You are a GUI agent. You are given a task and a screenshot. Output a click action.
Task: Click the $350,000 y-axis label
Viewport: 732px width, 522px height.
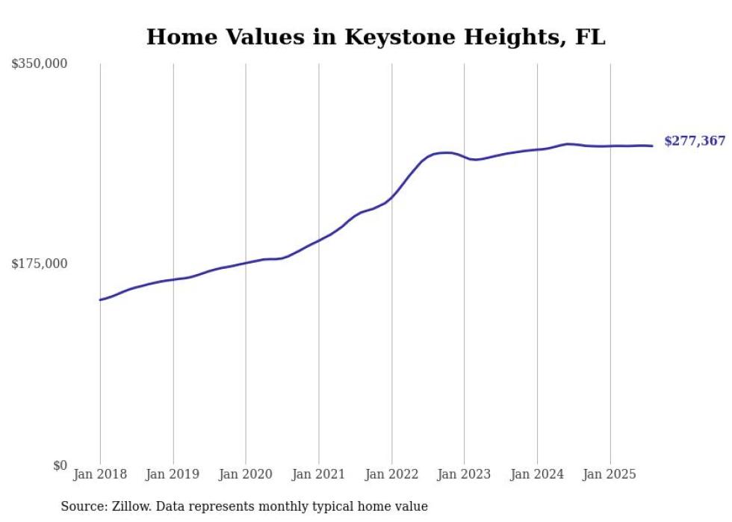point(40,64)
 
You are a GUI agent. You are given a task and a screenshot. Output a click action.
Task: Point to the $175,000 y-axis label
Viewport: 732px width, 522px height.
point(40,264)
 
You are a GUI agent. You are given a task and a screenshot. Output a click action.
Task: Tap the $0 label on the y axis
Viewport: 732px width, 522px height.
point(60,465)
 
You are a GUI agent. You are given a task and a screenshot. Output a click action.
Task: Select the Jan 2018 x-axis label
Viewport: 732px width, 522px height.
point(100,474)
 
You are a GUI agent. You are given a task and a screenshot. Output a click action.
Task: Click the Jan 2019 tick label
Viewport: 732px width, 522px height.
point(173,474)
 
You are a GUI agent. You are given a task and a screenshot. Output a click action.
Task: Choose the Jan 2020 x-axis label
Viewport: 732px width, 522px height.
point(246,474)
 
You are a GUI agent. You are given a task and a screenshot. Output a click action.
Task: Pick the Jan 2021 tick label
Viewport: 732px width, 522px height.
point(319,474)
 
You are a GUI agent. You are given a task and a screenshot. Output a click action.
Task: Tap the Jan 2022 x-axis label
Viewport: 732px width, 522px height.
point(391,474)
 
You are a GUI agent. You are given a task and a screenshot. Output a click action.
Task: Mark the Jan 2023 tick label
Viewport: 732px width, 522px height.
point(465,474)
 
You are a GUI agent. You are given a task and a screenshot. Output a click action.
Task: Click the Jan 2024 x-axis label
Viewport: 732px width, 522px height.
point(537,474)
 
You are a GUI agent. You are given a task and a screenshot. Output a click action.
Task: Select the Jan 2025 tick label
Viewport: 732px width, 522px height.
point(610,474)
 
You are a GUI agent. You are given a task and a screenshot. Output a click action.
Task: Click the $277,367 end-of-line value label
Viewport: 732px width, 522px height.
point(694,141)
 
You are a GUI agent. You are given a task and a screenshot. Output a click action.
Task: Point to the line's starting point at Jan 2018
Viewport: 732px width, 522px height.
point(100,299)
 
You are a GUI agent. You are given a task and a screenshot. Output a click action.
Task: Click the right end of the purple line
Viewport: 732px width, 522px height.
point(652,146)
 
